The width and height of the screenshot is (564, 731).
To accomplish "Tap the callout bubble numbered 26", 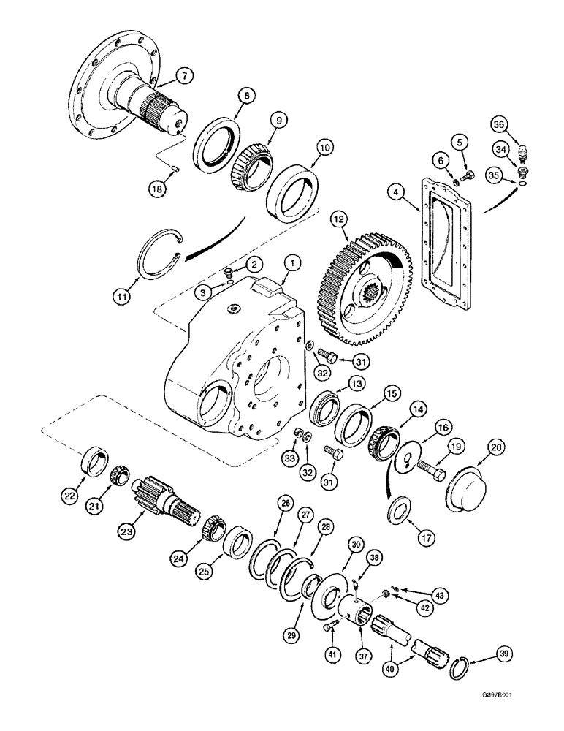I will pos(283,503).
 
